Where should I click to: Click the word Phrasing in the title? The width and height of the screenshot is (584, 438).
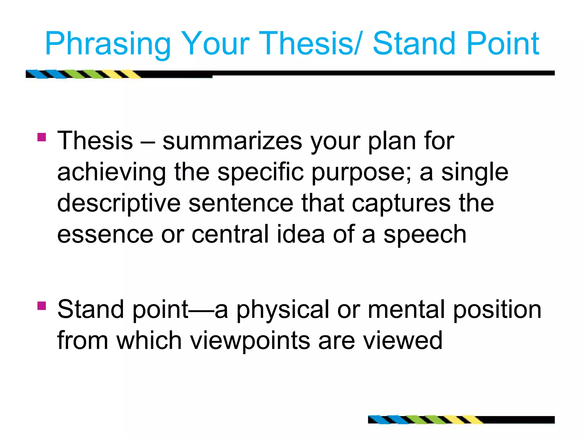click(108, 44)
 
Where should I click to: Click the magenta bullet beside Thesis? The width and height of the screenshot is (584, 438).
click(42, 137)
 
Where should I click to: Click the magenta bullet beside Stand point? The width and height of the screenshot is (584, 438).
click(42, 306)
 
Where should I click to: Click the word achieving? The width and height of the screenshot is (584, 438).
click(111, 172)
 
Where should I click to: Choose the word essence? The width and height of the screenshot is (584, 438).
click(105, 234)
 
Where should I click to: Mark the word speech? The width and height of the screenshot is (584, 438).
click(425, 234)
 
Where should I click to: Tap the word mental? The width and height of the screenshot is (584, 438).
click(406, 309)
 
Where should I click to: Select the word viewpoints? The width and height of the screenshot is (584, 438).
click(250, 340)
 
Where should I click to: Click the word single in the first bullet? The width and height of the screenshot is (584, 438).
click(474, 172)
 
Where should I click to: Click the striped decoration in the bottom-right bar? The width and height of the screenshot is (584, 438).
click(425, 420)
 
